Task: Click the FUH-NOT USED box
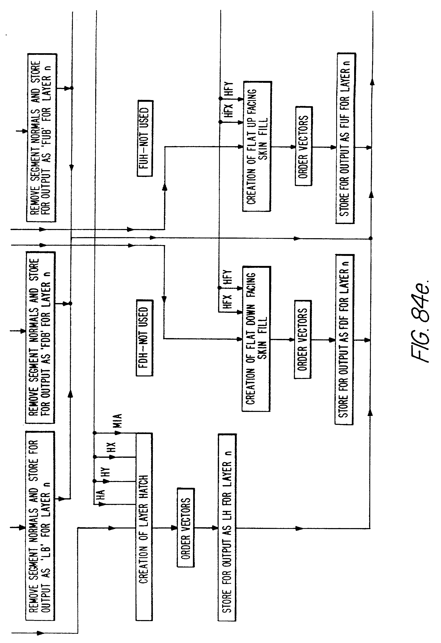145,138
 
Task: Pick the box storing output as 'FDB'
41,337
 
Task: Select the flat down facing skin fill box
256,339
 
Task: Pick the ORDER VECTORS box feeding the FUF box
303,146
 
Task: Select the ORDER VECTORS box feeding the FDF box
303,339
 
